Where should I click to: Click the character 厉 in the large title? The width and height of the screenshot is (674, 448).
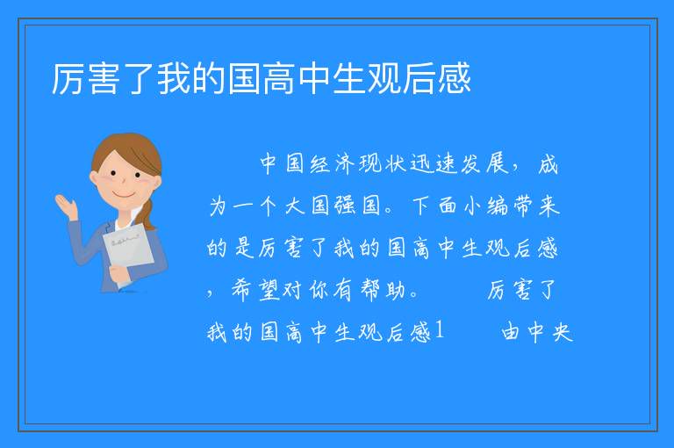(x=68, y=79)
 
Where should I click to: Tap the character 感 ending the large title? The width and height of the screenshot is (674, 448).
(x=455, y=79)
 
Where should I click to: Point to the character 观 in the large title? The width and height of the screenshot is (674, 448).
(x=384, y=79)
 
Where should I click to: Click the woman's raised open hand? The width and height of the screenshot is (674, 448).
(x=66, y=206)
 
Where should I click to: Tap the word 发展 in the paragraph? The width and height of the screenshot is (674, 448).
(x=484, y=164)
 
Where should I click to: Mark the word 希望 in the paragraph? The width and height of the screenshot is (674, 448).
(x=255, y=290)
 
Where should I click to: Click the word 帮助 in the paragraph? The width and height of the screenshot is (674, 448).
(x=383, y=290)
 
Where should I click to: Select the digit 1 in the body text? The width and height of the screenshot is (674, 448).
(x=439, y=331)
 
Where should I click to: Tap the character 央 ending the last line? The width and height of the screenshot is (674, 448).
(x=563, y=332)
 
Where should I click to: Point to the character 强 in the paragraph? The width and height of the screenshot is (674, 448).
(x=345, y=206)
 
